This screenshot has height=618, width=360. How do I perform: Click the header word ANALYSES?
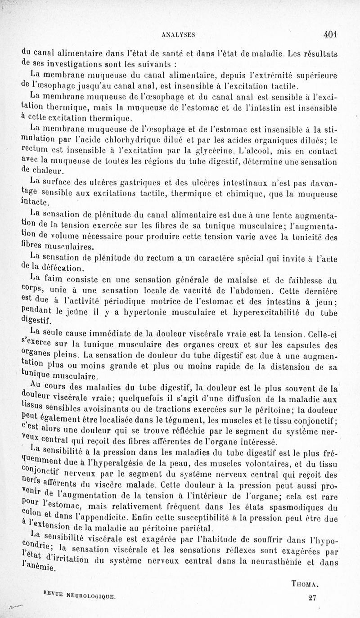pos(180,34)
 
